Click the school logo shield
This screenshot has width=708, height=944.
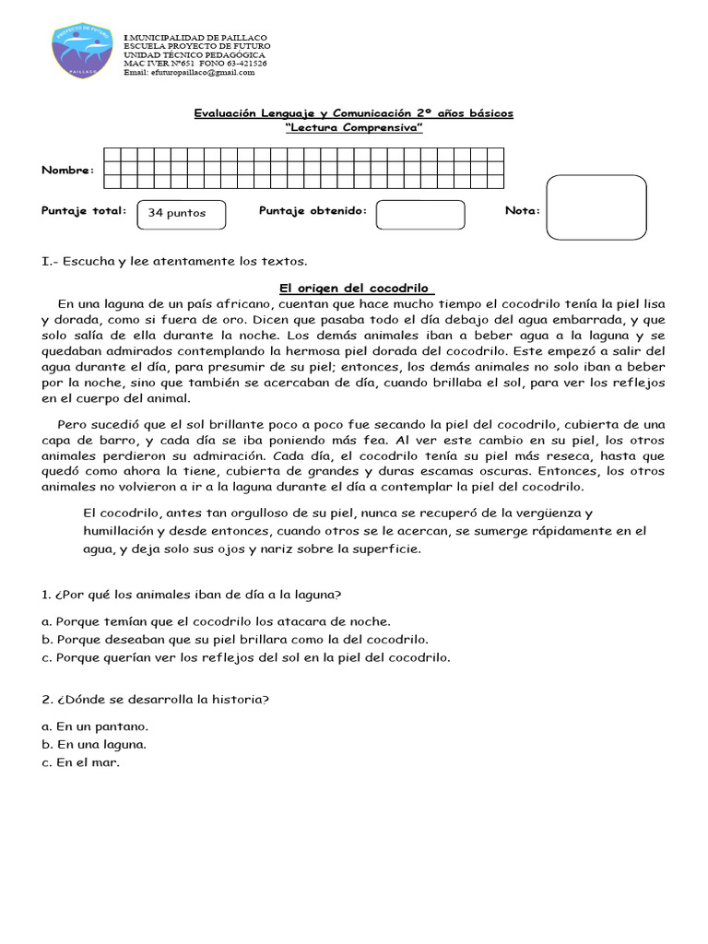click(x=83, y=51)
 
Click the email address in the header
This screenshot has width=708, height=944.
click(x=189, y=72)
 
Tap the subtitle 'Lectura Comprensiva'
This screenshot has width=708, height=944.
click(x=354, y=128)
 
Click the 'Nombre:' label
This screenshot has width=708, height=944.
click(x=67, y=171)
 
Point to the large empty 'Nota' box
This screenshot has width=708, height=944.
click(x=596, y=207)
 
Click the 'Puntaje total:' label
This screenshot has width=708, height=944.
click(x=84, y=211)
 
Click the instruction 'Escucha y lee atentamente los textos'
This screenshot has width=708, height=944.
click(x=174, y=261)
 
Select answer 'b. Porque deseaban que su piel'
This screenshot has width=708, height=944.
click(x=235, y=640)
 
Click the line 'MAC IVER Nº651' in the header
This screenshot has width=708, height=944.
click(x=195, y=63)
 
